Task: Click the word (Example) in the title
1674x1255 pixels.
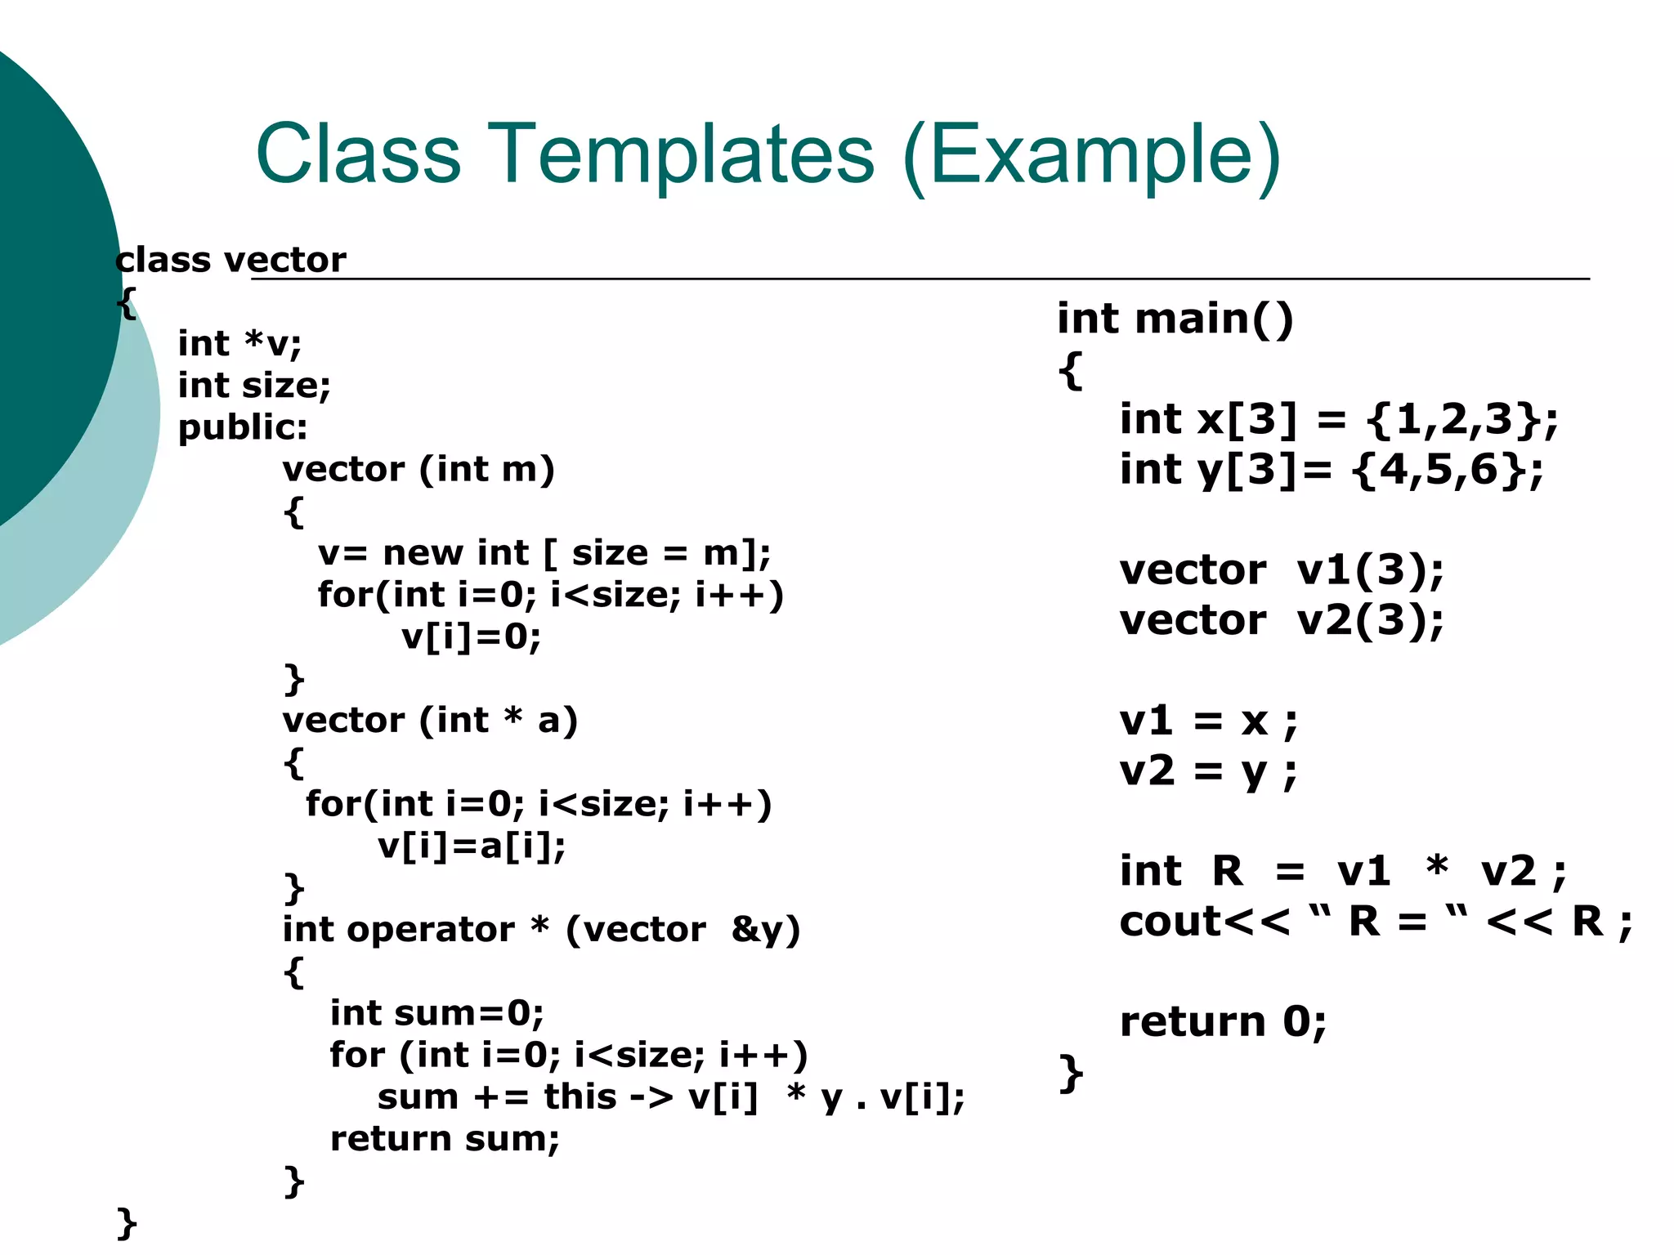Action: (1092, 154)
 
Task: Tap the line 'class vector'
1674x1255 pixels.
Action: (231, 261)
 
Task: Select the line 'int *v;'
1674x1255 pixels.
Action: (239, 344)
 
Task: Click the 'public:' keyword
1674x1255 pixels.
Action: (243, 427)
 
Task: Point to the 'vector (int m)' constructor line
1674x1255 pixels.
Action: (418, 470)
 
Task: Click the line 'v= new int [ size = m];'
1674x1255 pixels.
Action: (544, 553)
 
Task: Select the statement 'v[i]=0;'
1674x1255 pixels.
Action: (472, 636)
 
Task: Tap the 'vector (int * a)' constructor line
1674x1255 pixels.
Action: (430, 721)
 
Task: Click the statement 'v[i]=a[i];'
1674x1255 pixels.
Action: (472, 846)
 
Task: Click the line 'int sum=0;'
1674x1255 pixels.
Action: (436, 1014)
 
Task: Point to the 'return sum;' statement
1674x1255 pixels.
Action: (445, 1139)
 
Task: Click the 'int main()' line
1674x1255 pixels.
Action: (1175, 319)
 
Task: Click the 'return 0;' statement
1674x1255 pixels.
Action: (1223, 1022)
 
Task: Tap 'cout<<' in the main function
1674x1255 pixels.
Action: (1204, 922)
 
